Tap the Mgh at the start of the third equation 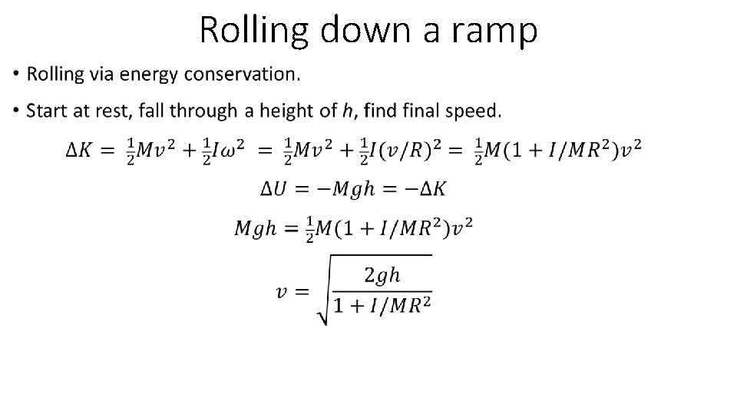point(255,228)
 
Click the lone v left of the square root point(283,291)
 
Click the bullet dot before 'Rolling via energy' point(17,75)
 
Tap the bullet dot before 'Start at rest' point(17,111)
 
